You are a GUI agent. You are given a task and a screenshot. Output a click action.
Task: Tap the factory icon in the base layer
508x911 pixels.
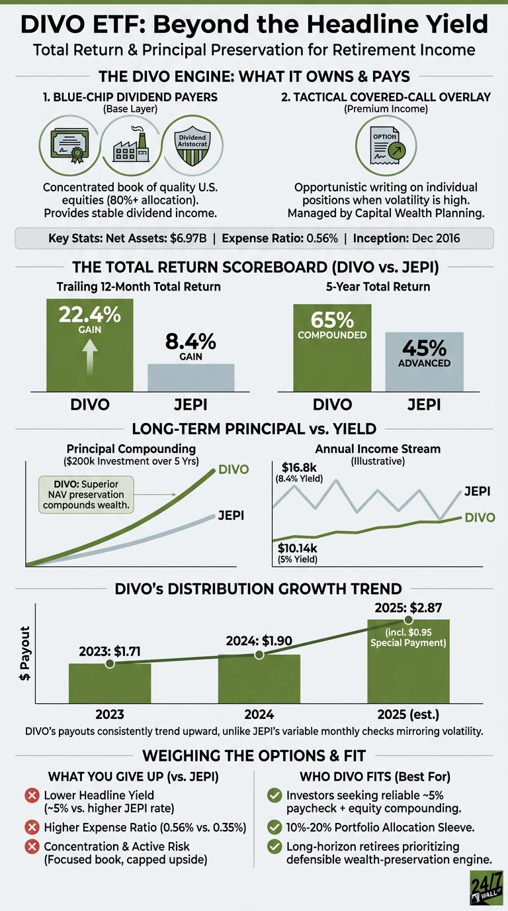point(131,144)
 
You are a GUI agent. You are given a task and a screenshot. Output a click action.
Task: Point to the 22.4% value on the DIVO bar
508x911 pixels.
point(90,314)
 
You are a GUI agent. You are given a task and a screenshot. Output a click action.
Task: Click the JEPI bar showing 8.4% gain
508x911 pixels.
point(190,377)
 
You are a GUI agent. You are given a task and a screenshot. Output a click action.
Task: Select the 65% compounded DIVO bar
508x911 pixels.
point(332,348)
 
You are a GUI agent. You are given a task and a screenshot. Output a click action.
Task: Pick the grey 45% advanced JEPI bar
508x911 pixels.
point(424,361)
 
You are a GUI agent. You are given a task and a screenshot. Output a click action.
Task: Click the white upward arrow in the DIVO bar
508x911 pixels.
point(90,357)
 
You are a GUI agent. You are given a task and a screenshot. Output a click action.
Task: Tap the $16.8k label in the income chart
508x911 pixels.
point(299,467)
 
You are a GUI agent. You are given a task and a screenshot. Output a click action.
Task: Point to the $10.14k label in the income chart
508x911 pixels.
point(297,548)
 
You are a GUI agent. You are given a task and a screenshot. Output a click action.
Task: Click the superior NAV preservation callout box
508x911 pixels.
point(86,495)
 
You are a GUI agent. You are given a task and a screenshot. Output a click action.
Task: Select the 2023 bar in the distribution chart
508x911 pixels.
point(110,683)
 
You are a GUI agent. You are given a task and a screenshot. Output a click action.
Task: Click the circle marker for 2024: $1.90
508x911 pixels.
point(259,655)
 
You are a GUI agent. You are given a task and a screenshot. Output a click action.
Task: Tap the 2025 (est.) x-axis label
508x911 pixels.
point(408,714)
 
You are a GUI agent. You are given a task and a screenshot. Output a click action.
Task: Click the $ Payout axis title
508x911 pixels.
point(24,653)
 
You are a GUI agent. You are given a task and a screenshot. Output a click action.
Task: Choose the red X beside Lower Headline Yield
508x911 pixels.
point(32,795)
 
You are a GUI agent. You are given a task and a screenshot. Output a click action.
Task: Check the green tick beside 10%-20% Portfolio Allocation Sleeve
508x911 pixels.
point(275,827)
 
